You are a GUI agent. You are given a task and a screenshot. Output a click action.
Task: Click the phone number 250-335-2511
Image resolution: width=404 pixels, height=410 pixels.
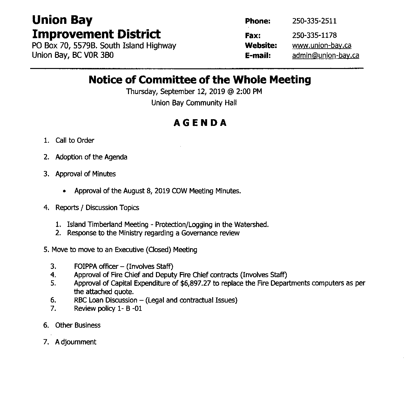(314, 21)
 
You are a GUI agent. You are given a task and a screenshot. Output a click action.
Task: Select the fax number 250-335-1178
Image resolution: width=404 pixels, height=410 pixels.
(314, 35)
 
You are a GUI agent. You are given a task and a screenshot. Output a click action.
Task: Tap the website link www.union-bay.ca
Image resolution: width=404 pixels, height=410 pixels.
(321, 45)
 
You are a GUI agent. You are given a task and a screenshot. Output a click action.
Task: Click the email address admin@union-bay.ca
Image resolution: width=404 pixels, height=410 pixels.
(326, 56)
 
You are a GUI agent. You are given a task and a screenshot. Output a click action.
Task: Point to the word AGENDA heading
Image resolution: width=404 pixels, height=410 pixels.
(200, 123)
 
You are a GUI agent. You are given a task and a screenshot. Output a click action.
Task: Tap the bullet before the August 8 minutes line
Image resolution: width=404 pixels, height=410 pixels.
(65, 191)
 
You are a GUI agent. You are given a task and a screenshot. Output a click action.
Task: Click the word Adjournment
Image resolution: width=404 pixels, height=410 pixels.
(76, 342)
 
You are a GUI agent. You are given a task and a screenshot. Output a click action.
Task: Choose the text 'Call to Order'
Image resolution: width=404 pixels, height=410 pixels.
(75, 140)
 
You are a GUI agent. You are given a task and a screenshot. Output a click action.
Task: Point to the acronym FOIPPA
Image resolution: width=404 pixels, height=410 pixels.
(85, 266)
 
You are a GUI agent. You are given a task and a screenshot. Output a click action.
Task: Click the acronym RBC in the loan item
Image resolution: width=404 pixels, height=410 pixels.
(80, 300)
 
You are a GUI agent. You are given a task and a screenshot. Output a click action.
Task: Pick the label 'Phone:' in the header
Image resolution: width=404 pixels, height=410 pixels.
(258, 21)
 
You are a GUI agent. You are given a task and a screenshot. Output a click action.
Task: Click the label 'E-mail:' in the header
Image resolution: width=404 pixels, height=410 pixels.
(258, 56)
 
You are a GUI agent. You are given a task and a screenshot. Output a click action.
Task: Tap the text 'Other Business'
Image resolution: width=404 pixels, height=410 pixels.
(78, 325)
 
